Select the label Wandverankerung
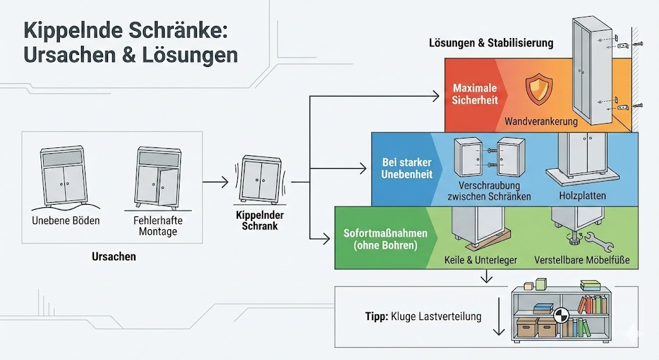(x=541, y=120)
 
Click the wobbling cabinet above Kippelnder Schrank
(x=261, y=178)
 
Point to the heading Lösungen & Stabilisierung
(x=491, y=43)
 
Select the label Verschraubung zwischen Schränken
(x=485, y=191)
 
